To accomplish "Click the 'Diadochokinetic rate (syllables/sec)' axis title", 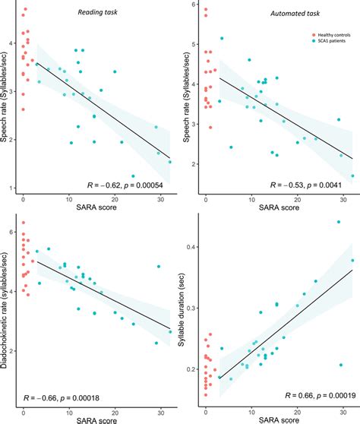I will [x=7, y=307].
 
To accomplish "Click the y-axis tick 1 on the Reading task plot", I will [x=14, y=188].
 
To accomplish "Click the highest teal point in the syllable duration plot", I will [x=339, y=222].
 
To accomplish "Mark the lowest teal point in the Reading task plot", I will [x=133, y=176].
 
